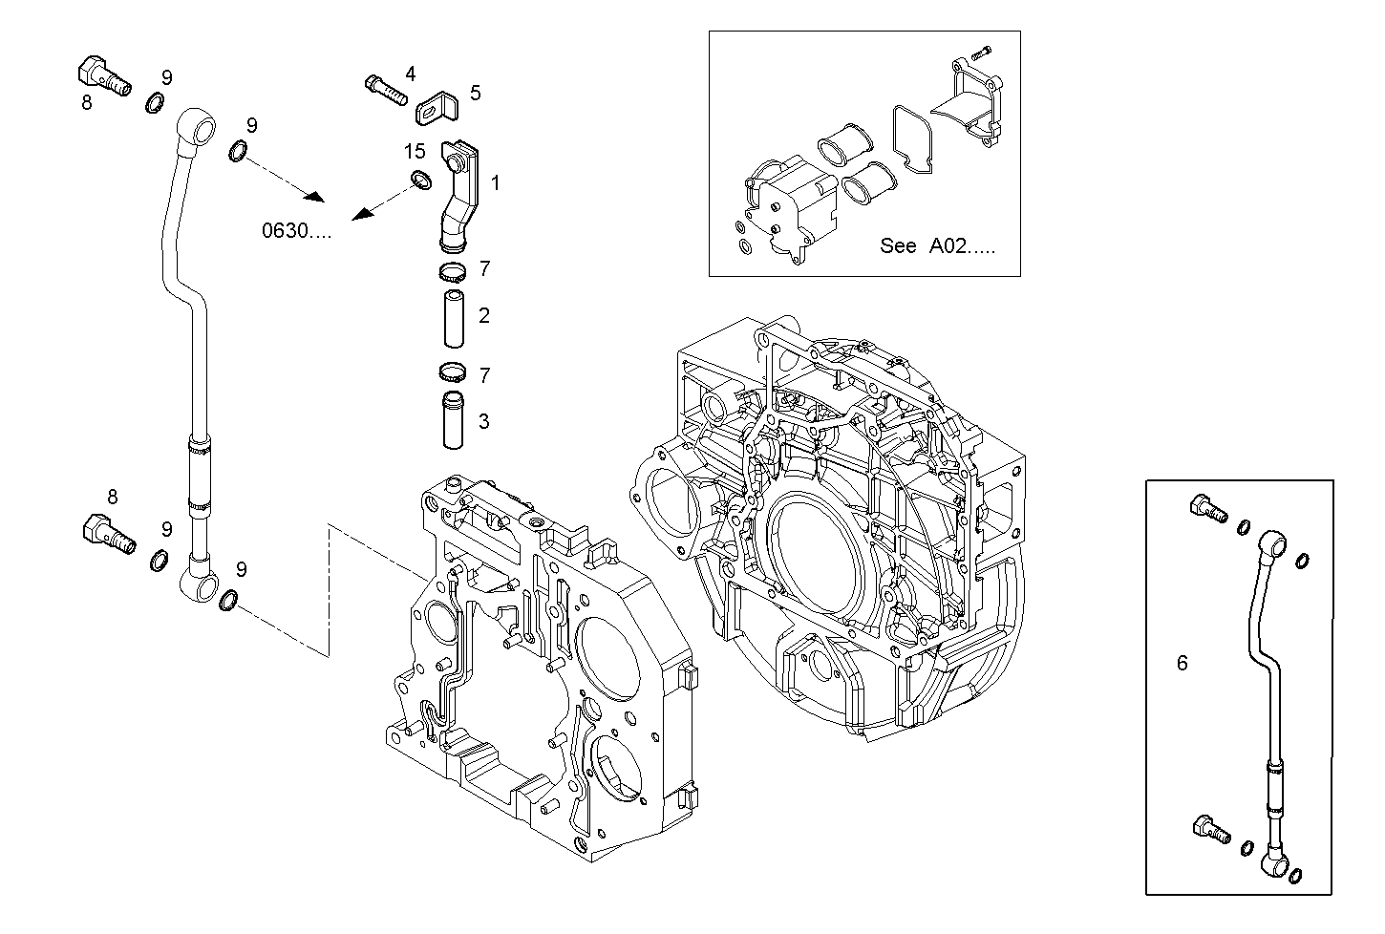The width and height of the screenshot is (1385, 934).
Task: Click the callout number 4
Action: point(410,74)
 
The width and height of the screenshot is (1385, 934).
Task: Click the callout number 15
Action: point(414,151)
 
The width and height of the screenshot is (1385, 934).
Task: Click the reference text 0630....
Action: point(297,230)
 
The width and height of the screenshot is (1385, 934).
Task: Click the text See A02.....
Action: point(936,246)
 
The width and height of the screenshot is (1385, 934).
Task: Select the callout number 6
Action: point(1183,663)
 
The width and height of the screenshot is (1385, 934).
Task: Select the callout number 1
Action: point(495,181)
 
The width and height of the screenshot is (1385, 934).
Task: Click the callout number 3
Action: point(484,420)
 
